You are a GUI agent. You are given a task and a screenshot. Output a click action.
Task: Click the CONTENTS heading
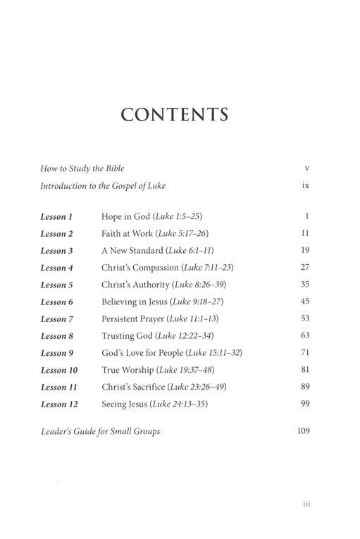pos(175,115)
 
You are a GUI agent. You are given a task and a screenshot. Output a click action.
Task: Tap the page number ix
pos(305,186)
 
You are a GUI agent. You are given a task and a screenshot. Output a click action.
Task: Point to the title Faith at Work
pos(127,234)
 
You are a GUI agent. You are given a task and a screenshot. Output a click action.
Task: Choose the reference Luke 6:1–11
pos(197,251)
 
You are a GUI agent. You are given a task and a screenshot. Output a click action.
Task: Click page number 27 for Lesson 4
pos(304,268)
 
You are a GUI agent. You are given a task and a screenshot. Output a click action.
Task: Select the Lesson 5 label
pos(56,285)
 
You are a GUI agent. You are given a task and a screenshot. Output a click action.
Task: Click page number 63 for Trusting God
pos(304,336)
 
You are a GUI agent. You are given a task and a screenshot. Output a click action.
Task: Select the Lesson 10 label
pos(58,371)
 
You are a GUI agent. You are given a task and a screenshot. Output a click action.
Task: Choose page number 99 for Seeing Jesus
pos(304,404)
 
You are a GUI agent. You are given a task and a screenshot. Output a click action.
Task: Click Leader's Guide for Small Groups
pos(100,430)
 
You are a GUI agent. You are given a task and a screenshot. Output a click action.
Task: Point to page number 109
pos(302,430)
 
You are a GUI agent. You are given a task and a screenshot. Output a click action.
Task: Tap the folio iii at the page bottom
pos(305,504)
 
